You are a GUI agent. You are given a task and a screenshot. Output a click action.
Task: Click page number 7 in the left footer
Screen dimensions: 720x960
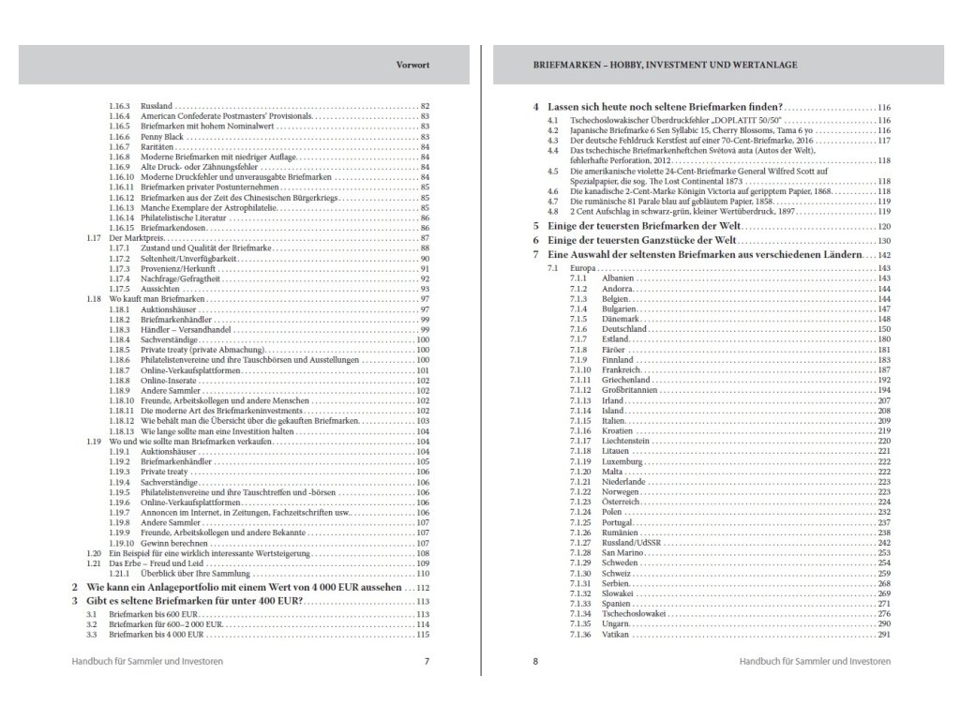(x=427, y=661)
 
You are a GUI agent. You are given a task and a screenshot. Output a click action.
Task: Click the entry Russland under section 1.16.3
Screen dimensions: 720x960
(x=157, y=105)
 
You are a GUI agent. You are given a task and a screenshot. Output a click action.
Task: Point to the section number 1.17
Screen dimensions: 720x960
(x=93, y=238)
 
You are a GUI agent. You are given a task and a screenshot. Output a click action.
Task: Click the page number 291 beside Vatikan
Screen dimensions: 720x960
(x=882, y=635)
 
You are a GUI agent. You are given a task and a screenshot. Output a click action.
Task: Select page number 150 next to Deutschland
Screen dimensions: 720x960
(x=882, y=330)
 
